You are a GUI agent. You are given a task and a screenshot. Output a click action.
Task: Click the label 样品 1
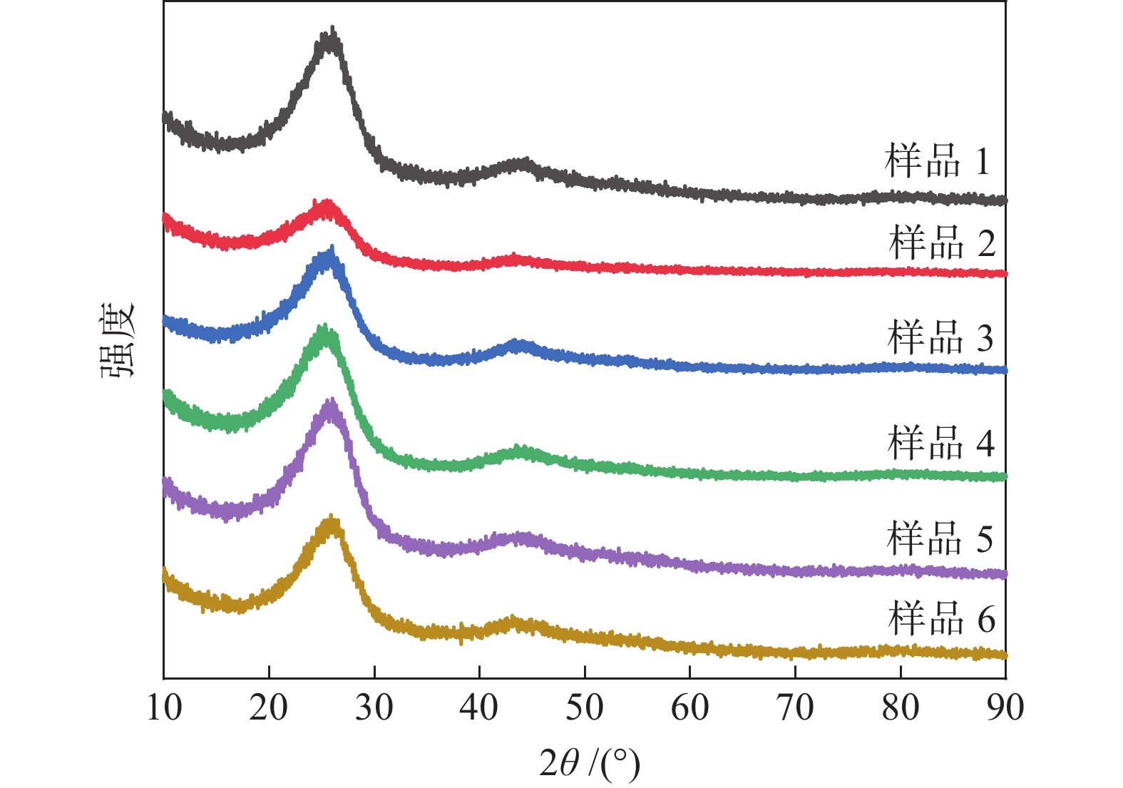(937, 161)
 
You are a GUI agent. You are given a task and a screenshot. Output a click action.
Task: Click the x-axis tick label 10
(164, 708)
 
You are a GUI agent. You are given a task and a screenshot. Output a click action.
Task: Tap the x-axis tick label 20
(269, 708)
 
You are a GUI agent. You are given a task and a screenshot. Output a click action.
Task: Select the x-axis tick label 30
(374, 708)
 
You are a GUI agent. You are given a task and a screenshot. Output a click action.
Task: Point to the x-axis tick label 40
(479, 708)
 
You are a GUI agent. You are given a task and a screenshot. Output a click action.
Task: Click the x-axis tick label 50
(585, 708)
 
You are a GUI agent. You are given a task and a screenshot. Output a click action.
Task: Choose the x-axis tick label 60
(689, 708)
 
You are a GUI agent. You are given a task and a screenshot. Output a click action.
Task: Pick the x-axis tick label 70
(795, 708)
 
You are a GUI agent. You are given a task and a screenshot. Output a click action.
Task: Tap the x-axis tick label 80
(900, 708)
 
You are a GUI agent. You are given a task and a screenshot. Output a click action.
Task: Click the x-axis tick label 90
(1005, 708)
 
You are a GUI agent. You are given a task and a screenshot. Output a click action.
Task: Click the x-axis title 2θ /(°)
(590, 764)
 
